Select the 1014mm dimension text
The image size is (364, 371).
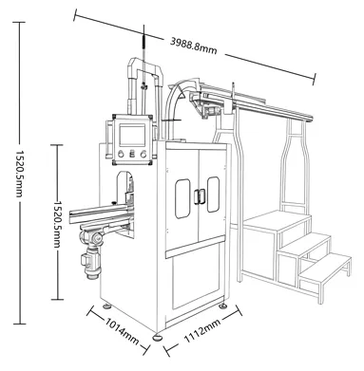point(123,335)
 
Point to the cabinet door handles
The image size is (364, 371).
point(199,195)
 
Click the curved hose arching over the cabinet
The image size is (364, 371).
point(177,95)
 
